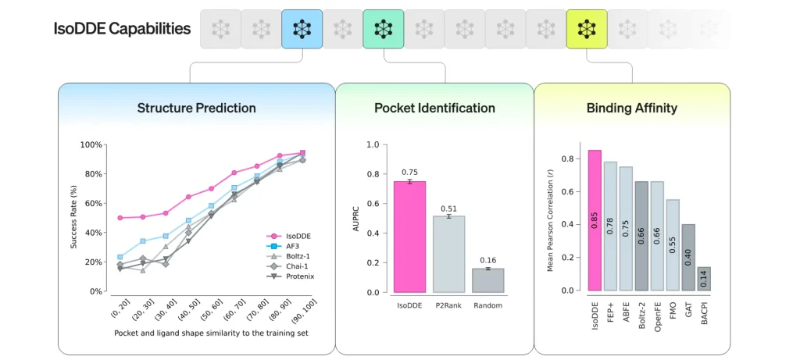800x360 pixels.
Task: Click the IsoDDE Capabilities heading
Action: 122,29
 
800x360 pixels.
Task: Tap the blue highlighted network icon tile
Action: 302,29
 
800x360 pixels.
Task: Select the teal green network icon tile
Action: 383,29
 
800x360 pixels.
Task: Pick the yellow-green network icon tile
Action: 586,29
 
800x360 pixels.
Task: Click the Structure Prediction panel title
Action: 196,108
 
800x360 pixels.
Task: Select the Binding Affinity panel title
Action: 632,108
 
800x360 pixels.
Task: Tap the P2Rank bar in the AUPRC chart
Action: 448,254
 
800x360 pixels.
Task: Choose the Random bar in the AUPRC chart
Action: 487,280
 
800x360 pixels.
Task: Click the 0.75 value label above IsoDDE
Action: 409,173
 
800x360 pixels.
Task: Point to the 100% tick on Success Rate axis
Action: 91,144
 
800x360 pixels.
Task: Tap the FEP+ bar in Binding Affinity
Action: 610,226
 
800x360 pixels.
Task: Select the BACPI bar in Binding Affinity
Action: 704,279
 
